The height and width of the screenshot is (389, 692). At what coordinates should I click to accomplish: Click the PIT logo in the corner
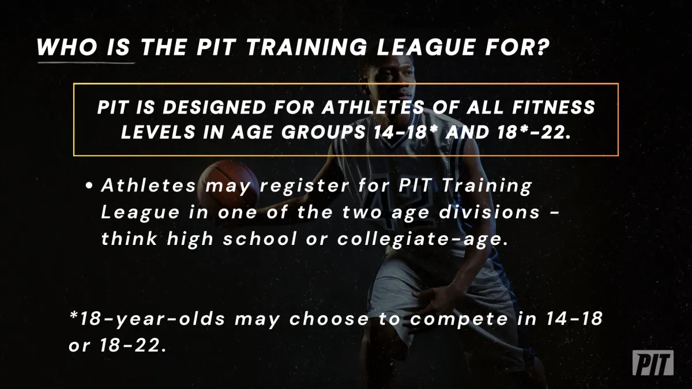coord(653,362)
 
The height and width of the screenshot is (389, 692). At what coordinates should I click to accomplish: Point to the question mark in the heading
coord(541,47)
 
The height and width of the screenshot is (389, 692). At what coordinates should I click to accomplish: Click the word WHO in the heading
coord(67,47)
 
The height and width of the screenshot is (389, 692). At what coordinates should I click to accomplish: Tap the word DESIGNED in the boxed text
coord(215,107)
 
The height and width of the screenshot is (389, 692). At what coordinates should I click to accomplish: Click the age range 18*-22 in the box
coord(531,132)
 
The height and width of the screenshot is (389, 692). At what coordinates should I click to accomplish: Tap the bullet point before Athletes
coord(89,186)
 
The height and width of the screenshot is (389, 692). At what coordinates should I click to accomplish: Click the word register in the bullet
coord(304,186)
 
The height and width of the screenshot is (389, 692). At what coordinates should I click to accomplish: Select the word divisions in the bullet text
coord(490,213)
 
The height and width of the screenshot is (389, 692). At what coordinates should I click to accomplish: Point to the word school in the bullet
coord(260,239)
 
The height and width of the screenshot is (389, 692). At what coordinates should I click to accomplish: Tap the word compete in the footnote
coord(460,319)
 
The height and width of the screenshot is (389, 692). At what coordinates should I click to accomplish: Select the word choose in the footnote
coord(329,319)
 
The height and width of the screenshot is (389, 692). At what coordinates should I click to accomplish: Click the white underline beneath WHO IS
coord(86,63)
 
